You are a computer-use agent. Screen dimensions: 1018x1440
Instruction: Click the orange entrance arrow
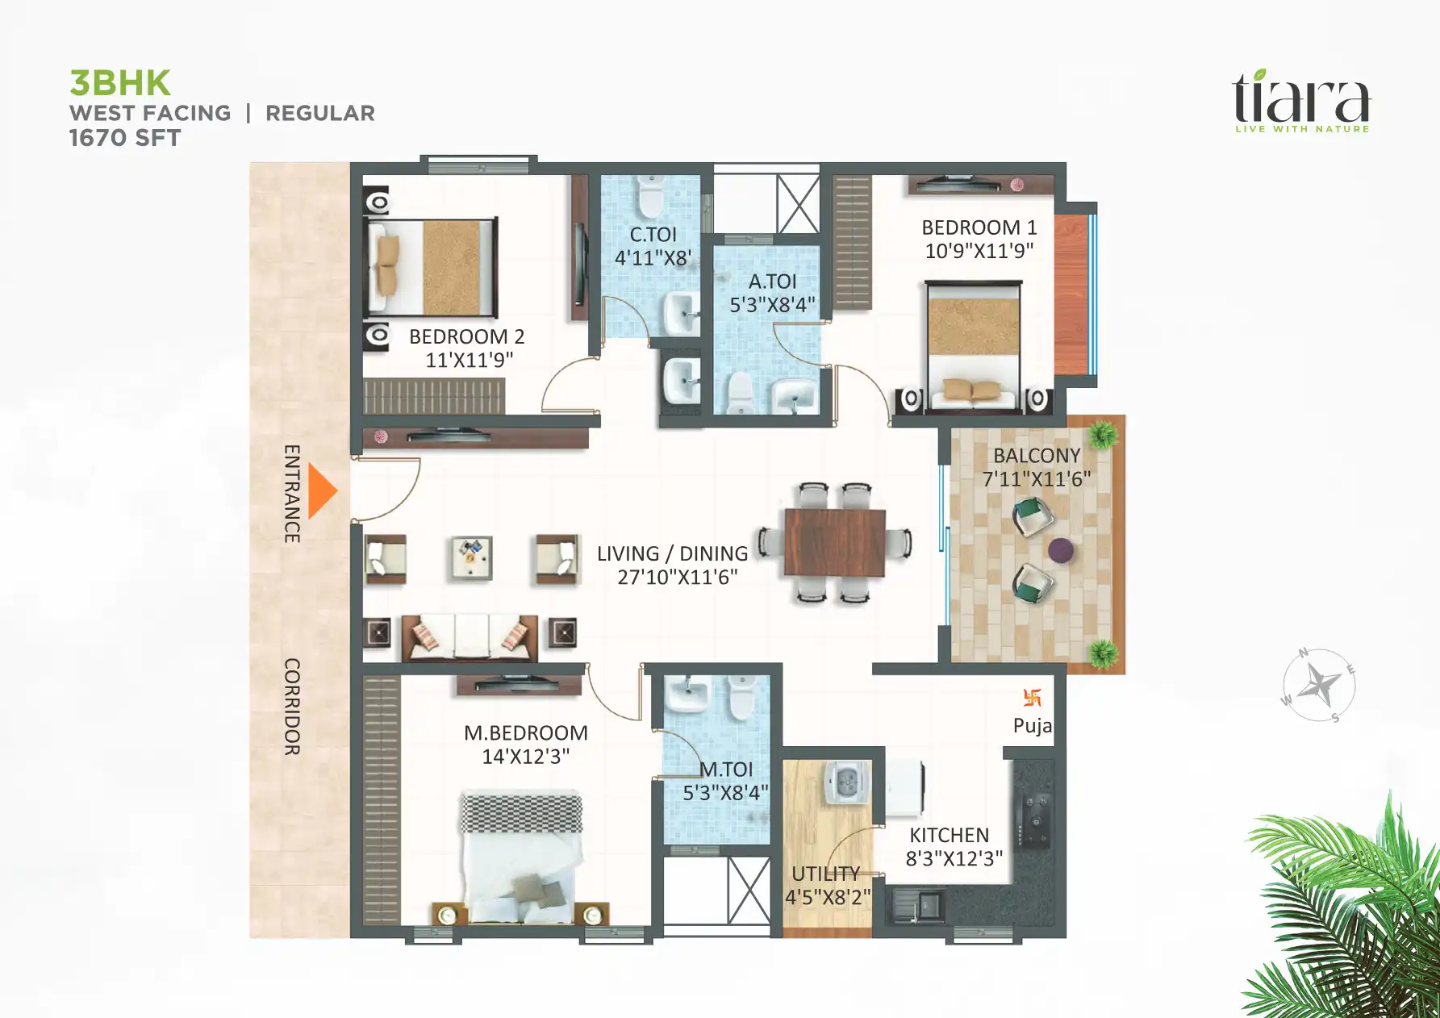coord(322,490)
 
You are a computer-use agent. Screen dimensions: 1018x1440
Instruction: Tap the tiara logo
coord(1301,100)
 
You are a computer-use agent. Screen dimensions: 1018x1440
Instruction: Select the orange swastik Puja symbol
coord(1032,698)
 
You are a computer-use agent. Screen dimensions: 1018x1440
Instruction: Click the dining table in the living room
coord(835,542)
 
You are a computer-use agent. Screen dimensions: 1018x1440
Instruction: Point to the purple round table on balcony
coord(1060,551)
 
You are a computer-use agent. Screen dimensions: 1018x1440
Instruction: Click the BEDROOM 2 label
coord(466,336)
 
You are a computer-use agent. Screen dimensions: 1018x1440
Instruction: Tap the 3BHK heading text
coord(120,83)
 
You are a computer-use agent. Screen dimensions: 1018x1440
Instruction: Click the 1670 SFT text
coord(124,138)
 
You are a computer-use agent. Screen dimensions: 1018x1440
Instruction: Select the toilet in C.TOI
coord(649,197)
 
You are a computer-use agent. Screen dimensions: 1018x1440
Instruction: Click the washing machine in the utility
coord(846,782)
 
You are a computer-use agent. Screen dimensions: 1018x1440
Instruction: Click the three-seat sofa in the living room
coord(470,637)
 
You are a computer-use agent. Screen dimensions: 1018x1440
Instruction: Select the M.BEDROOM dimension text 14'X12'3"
coord(525,757)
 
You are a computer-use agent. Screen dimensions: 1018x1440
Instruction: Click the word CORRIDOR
coord(292,707)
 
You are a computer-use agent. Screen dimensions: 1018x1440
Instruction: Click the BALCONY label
coord(1037,456)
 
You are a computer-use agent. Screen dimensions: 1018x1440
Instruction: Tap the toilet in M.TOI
coord(741,698)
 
